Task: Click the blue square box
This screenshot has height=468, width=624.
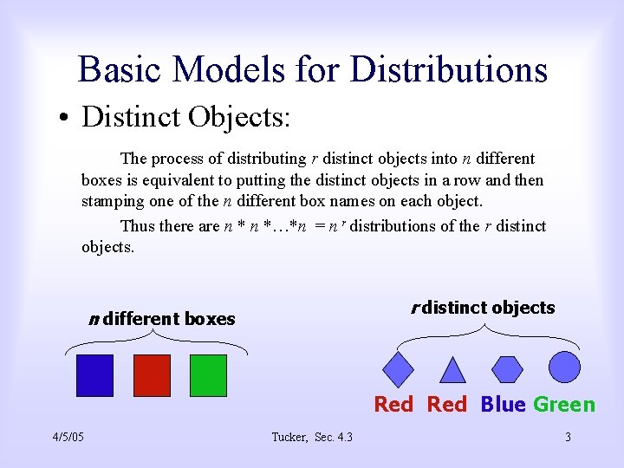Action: click(95, 375)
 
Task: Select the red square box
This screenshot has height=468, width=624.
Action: click(152, 375)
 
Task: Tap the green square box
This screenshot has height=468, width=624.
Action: click(208, 375)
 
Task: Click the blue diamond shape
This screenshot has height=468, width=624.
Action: click(398, 369)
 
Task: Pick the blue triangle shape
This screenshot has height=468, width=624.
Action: click(452, 370)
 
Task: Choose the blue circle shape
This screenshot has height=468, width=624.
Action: click(564, 367)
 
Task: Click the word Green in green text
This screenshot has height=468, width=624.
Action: click(564, 405)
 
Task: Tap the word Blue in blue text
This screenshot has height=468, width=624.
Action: click(503, 405)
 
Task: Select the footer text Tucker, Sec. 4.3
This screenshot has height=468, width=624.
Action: click(312, 437)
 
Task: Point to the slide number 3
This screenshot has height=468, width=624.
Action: click(568, 437)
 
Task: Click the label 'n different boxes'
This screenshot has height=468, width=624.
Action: click(162, 319)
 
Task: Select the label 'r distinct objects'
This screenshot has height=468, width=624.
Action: click(483, 308)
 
